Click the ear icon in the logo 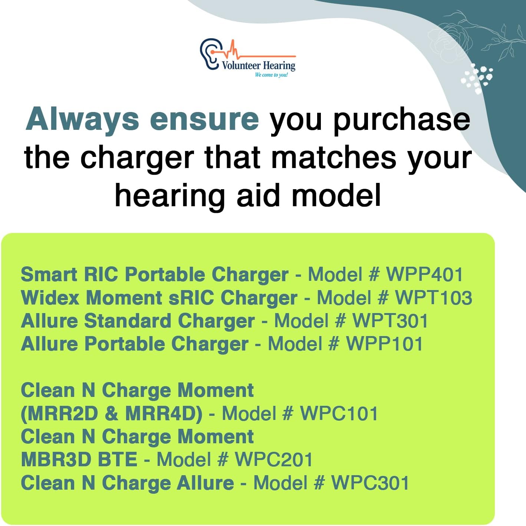(209, 54)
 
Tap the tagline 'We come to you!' (271, 75)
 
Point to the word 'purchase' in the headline (401, 121)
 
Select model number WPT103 (434, 297)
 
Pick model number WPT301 (390, 321)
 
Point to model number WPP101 (384, 344)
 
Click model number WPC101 (339, 414)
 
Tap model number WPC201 (274, 460)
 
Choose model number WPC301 (370, 483)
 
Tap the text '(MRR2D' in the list (59, 414)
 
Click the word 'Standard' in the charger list (128, 321)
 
